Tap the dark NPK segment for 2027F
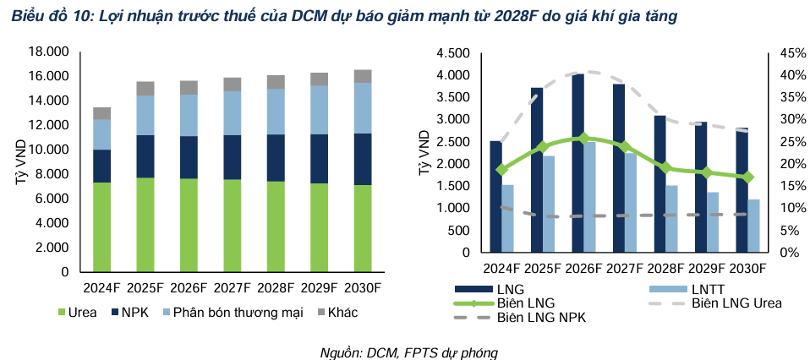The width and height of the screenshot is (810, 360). [x=233, y=157]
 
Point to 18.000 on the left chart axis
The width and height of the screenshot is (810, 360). [x=47, y=52]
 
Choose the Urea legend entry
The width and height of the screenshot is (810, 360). [x=78, y=313]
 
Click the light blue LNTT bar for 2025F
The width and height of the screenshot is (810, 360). [x=549, y=204]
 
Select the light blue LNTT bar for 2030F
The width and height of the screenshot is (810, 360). [x=753, y=226]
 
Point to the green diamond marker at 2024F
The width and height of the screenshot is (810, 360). [x=501, y=169]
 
